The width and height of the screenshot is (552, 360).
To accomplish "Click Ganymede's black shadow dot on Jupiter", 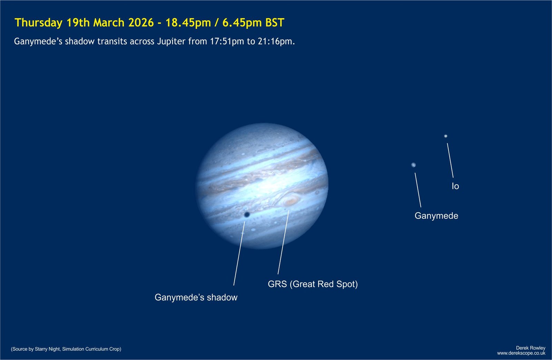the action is (x=247, y=215).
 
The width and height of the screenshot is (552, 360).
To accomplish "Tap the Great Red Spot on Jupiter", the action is (x=291, y=201).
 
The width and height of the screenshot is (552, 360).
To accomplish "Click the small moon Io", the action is (x=445, y=136).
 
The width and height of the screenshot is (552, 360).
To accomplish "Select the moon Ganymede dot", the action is (x=414, y=165).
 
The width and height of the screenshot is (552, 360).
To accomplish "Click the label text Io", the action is (x=455, y=186).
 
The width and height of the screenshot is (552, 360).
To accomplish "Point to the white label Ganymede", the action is (x=436, y=216).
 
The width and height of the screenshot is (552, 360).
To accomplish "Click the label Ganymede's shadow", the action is (x=196, y=298).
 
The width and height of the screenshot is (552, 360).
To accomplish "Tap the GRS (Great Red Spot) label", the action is (x=313, y=284).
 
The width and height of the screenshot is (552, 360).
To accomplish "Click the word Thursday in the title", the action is (x=38, y=23).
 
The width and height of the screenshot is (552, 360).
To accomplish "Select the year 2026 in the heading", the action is (x=141, y=22).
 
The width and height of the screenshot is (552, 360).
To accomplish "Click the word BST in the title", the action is (x=275, y=22).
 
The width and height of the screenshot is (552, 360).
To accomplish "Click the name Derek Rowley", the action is (x=531, y=348).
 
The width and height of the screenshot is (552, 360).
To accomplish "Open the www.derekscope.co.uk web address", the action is (x=521, y=353).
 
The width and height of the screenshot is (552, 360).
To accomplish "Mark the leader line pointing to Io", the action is (x=450, y=160).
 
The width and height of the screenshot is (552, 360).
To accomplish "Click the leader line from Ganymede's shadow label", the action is (x=239, y=253).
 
